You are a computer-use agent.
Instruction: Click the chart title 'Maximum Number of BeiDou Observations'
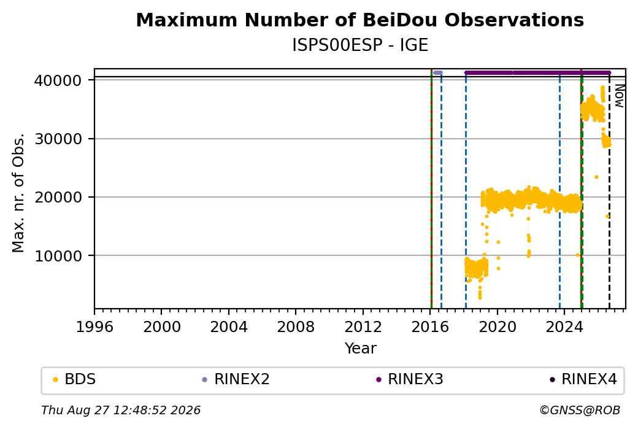tap(359, 20)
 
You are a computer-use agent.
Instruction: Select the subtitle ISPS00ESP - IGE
tap(360, 45)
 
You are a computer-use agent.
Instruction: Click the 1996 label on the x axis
tap(94, 327)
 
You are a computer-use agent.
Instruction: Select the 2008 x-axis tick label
tap(296, 327)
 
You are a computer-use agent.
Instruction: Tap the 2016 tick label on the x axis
tap(429, 327)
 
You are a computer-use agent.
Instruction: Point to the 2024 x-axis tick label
tap(564, 327)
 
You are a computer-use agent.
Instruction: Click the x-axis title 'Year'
tap(361, 349)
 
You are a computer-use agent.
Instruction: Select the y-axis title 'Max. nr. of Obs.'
tap(18, 193)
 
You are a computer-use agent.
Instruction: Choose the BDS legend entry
tap(74, 379)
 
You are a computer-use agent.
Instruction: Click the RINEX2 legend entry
tap(236, 379)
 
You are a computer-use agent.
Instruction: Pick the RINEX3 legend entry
tap(410, 379)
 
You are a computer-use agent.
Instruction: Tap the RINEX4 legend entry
tap(583, 379)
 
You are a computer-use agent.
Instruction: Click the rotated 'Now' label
tap(619, 96)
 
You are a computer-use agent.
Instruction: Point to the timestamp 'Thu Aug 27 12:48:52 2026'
tap(121, 410)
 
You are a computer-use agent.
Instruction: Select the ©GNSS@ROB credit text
tap(580, 410)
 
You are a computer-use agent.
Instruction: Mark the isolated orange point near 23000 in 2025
tap(596, 177)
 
